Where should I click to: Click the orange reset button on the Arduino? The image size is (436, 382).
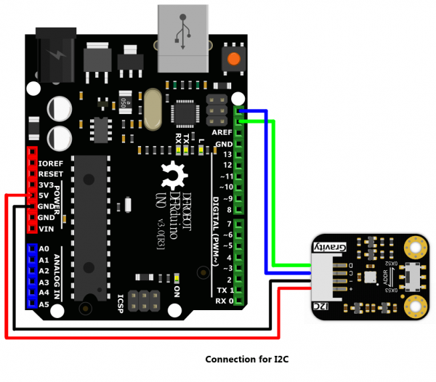pos(233,60)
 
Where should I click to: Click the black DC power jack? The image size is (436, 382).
pos(55,50)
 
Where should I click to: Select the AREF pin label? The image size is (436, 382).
pos(222,133)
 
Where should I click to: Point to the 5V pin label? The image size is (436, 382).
pos(45,196)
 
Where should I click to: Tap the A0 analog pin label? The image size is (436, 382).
pos(44,248)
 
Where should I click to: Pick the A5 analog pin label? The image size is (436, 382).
pos(44,304)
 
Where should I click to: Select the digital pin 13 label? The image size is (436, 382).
pos(227,155)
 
